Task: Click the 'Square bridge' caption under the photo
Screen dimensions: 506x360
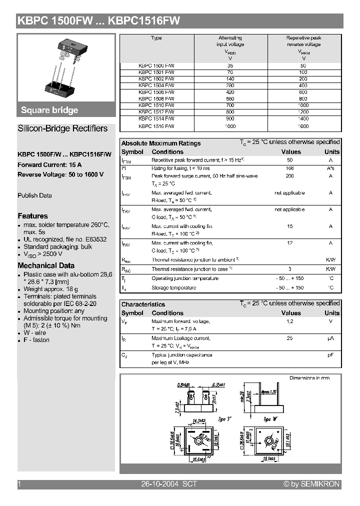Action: (x=49, y=110)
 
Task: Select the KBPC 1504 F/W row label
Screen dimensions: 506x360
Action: (x=156, y=85)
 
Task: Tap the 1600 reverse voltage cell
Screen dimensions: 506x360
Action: (x=303, y=126)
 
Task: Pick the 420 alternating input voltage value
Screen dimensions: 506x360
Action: (x=230, y=92)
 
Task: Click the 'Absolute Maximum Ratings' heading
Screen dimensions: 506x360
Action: (x=161, y=143)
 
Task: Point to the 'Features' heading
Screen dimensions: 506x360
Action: (x=33, y=216)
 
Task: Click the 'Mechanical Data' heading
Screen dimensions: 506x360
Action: (x=46, y=265)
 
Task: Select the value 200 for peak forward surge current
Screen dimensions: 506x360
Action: (x=289, y=176)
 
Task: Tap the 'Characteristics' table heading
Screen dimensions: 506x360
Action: (x=143, y=304)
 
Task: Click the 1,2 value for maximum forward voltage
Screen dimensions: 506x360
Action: (x=289, y=321)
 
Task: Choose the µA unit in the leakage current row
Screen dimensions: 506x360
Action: (x=330, y=338)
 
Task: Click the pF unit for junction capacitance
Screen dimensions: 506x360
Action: (x=330, y=355)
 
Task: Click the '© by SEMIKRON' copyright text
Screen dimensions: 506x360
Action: (x=311, y=484)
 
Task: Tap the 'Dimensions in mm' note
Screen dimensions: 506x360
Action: (x=309, y=378)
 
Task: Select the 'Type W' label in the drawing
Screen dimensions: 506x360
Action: (x=270, y=419)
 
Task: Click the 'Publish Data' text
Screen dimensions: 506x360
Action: (x=34, y=195)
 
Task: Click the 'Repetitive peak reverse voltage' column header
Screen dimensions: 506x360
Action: (x=303, y=41)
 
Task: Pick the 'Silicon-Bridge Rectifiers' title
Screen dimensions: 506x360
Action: (x=62, y=128)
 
